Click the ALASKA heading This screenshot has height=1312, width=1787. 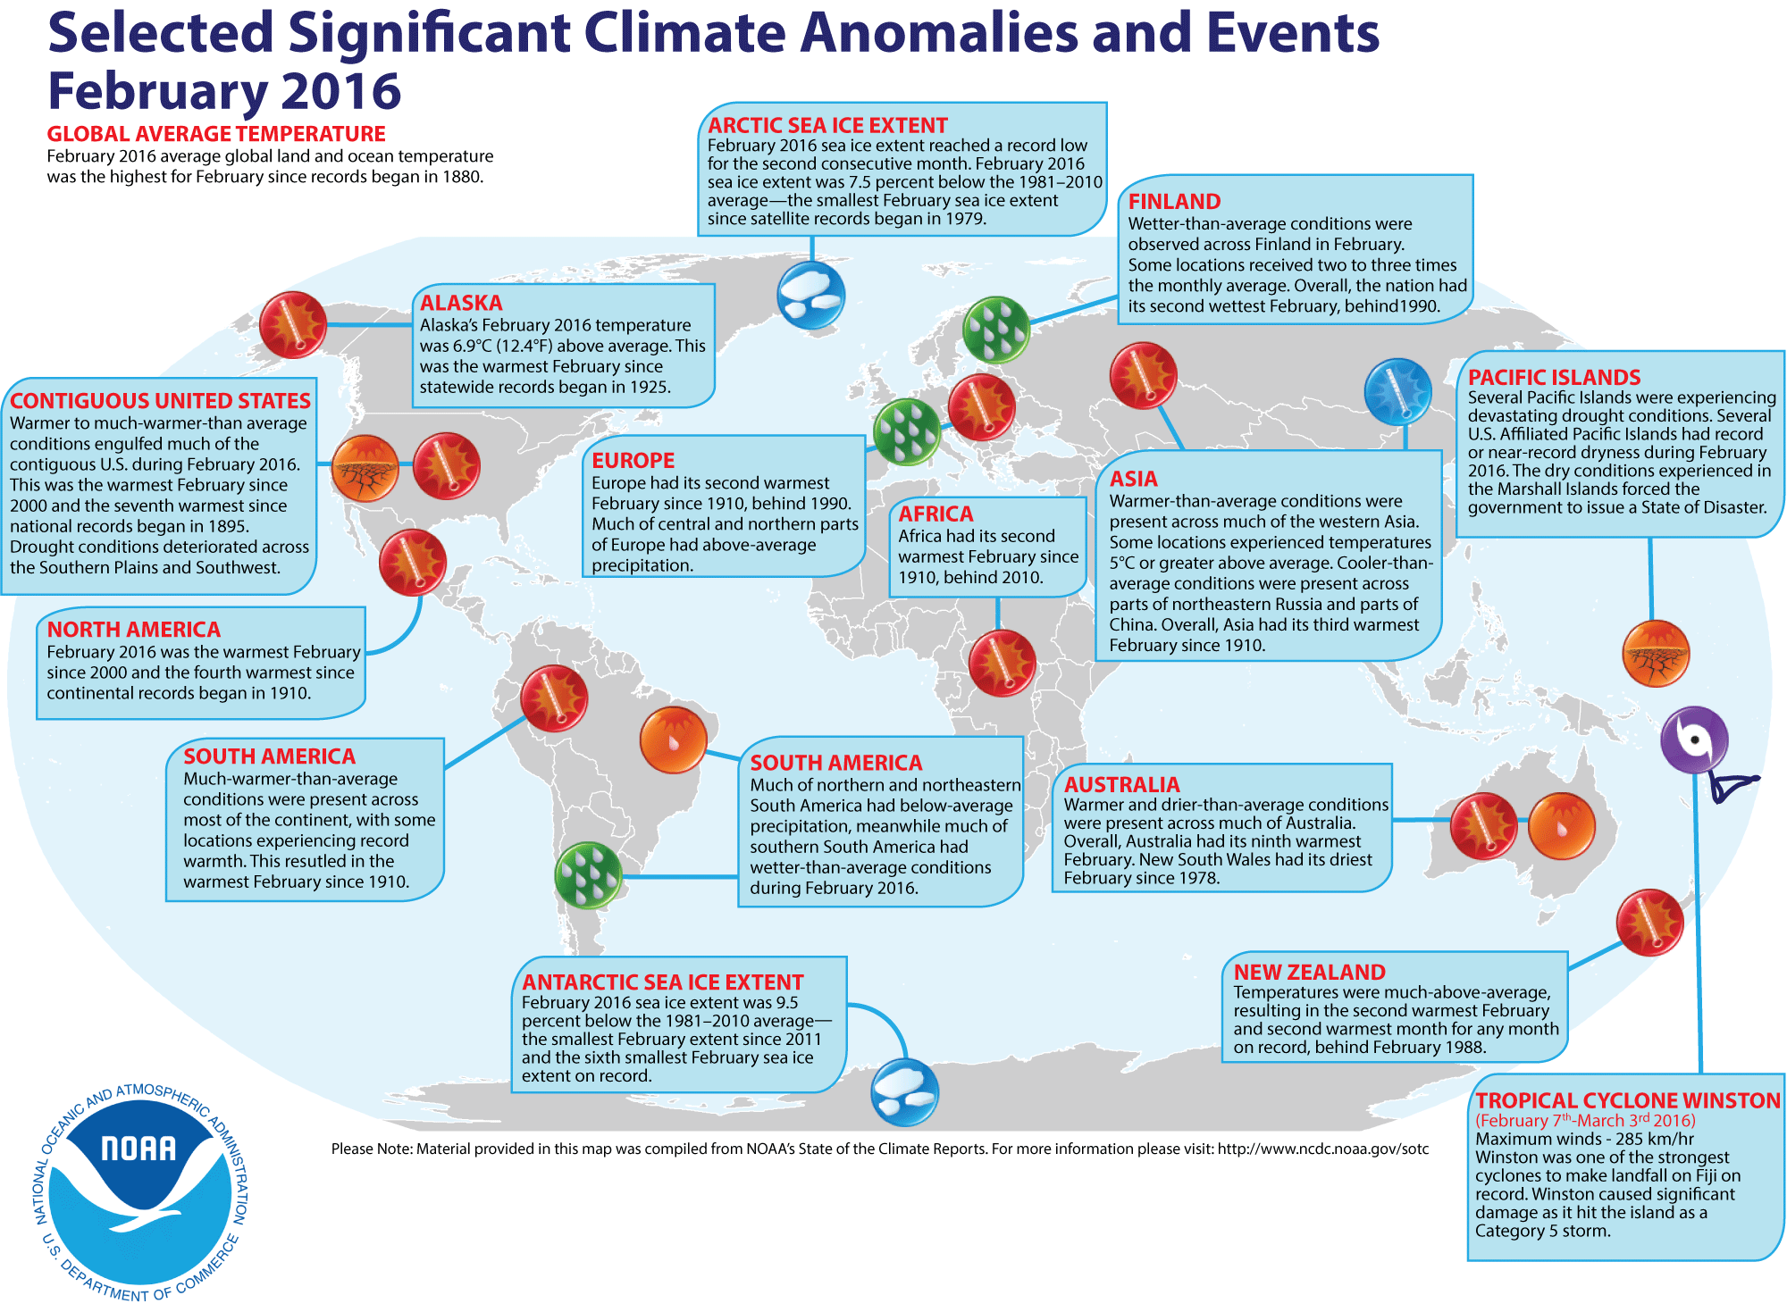461,303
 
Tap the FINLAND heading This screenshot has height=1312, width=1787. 1174,202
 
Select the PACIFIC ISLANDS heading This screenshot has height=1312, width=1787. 1554,377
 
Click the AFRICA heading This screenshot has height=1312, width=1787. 935,514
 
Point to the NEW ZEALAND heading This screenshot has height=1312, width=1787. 1309,973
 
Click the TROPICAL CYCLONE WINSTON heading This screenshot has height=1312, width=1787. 1627,1100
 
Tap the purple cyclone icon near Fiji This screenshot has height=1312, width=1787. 1694,740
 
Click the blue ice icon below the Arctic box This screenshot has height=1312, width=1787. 810,295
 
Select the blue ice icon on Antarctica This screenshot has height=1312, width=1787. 904,1092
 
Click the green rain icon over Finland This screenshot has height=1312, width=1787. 996,330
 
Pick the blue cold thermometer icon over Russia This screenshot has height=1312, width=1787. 1397,391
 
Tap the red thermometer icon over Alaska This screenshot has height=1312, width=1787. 292,325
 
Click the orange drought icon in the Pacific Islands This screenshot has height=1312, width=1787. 1656,653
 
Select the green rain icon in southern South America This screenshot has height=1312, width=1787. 588,875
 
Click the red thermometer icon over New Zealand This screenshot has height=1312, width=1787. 1649,922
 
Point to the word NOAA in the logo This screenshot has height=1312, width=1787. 138,1149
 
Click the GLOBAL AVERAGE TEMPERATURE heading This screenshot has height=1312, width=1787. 216,134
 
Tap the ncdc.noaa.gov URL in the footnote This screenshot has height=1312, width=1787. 1322,1149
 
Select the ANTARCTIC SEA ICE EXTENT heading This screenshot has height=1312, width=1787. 662,982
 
